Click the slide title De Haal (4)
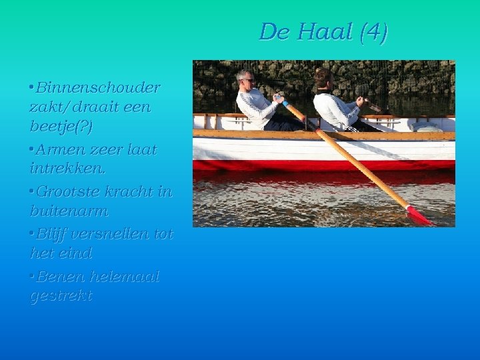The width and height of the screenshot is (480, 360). (x=323, y=32)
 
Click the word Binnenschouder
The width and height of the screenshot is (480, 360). (x=98, y=87)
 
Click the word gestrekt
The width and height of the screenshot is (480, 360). (x=61, y=296)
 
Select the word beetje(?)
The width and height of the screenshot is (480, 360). (x=61, y=126)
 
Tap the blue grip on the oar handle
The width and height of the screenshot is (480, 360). (x=285, y=103)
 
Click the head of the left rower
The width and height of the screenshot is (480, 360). (x=245, y=79)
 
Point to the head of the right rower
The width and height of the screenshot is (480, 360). (x=323, y=79)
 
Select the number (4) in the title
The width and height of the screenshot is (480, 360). (x=373, y=32)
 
